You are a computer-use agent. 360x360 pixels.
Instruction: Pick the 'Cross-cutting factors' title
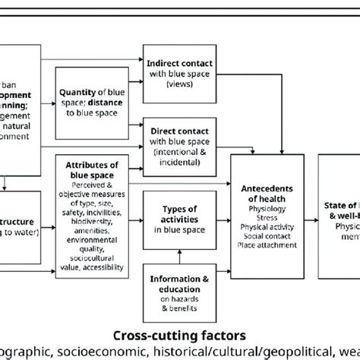click(x=178, y=334)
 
